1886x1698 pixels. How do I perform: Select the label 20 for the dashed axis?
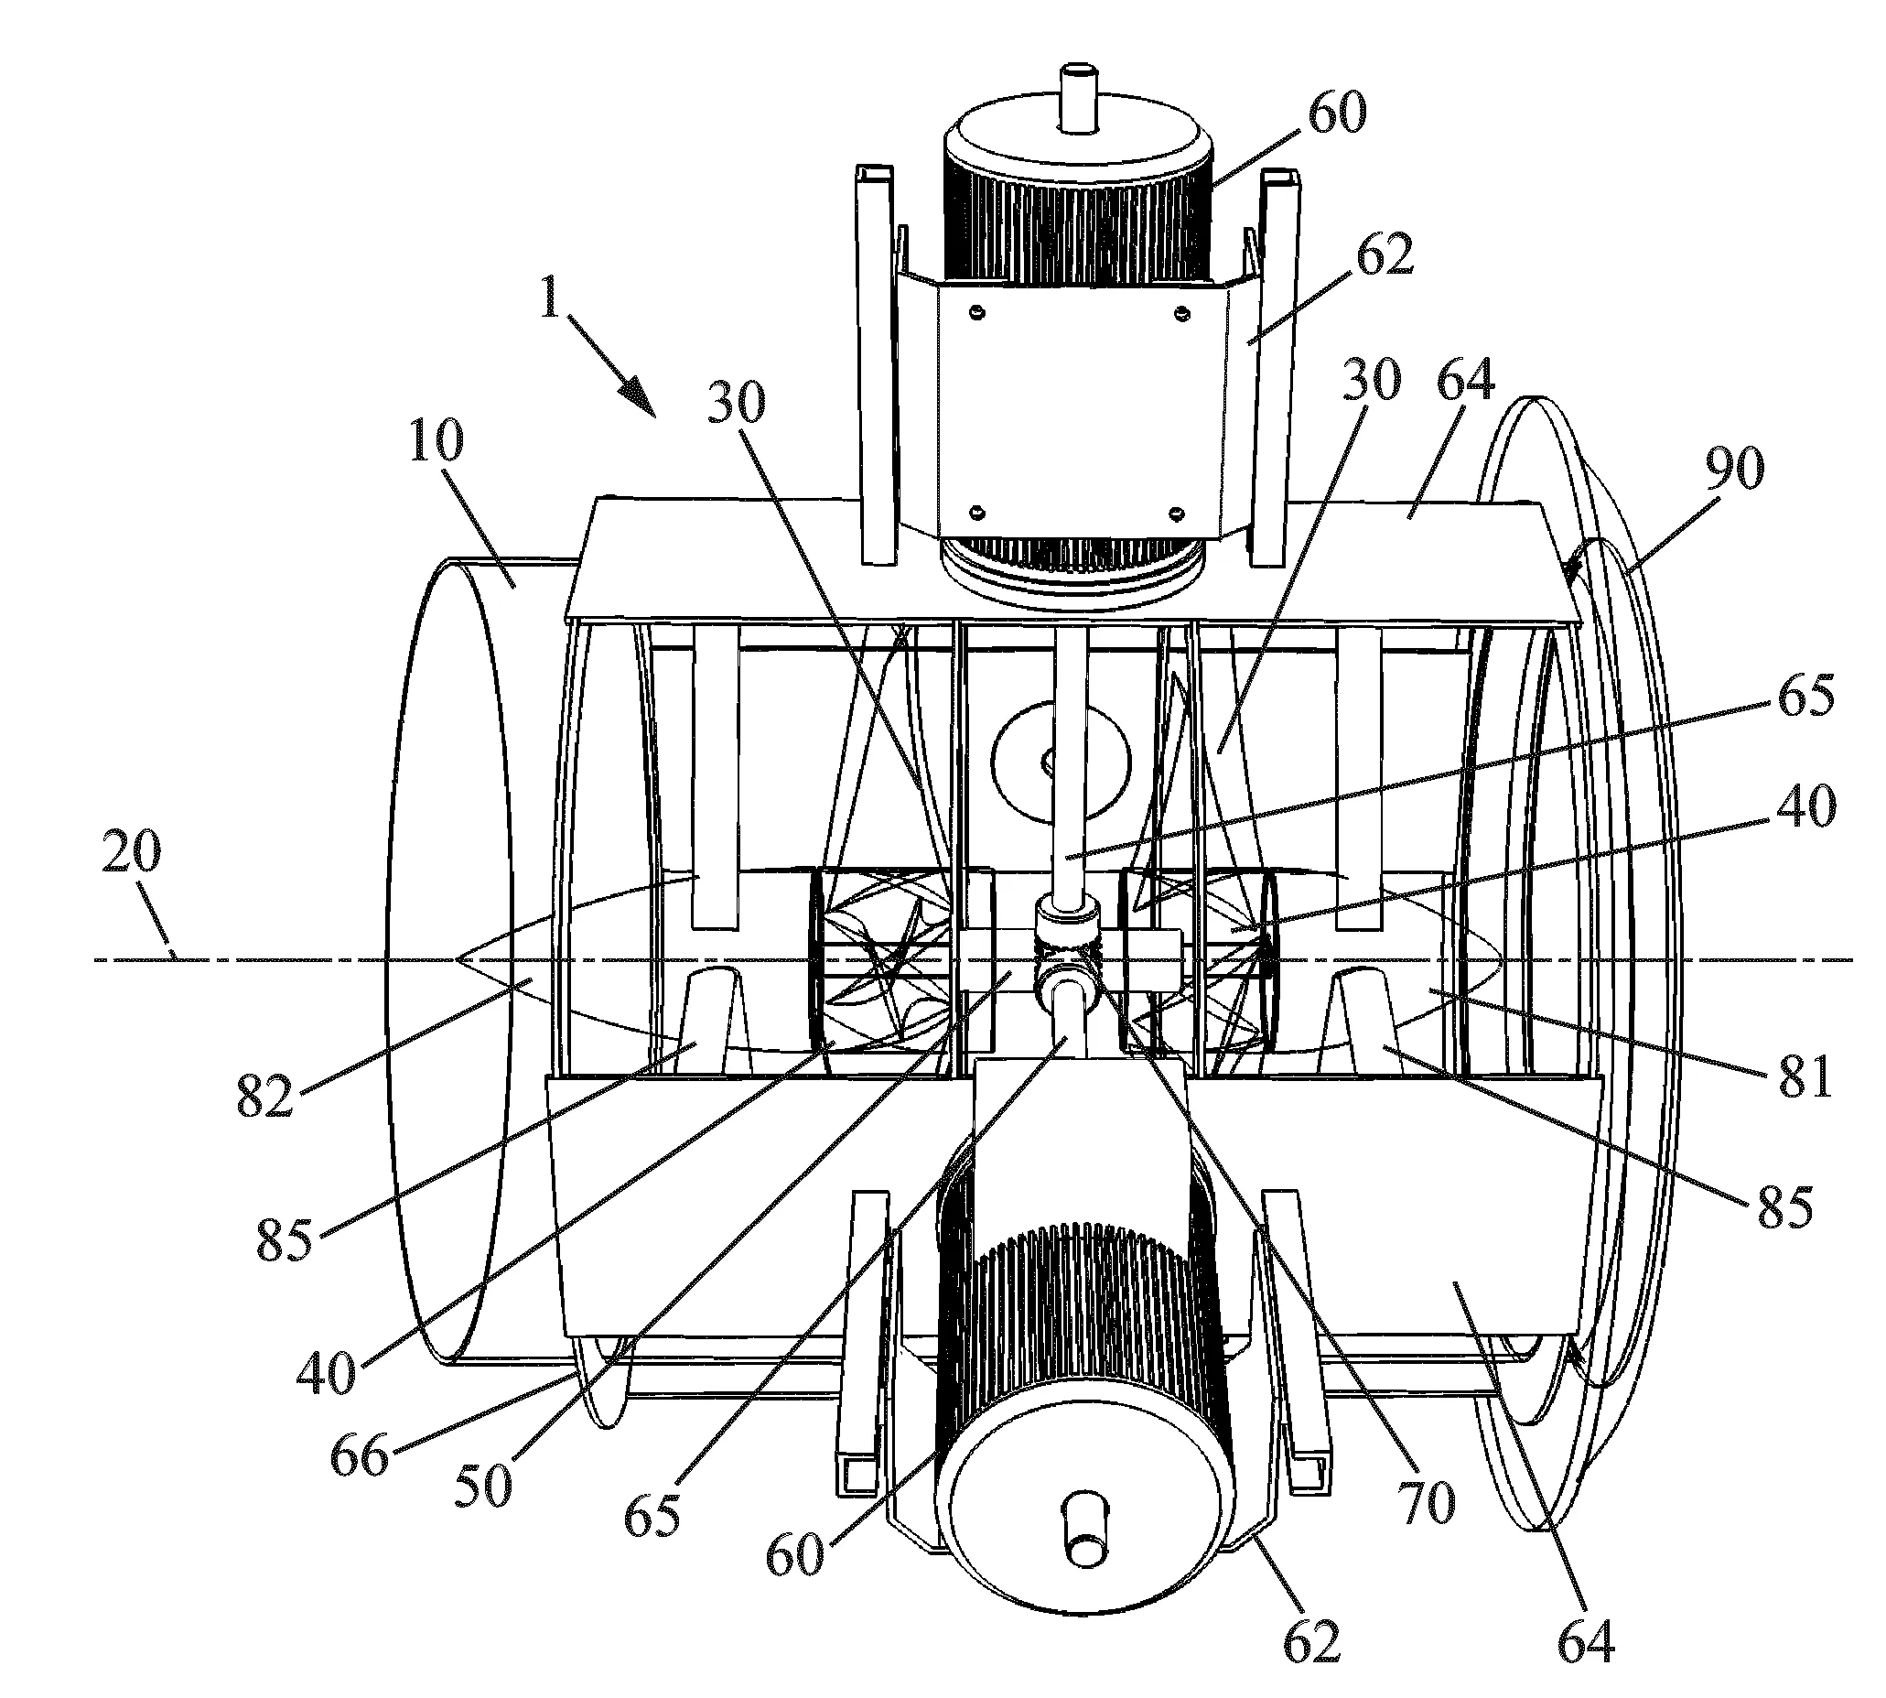(131, 851)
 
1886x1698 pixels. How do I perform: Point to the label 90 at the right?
(1735, 469)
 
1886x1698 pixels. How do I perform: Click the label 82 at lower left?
(264, 1095)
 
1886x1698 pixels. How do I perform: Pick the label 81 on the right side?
(1804, 1076)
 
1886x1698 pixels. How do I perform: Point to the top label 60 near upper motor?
(1337, 113)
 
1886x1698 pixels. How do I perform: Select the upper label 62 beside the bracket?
(1385, 254)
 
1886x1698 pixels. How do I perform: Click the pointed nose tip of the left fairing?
(456, 958)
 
